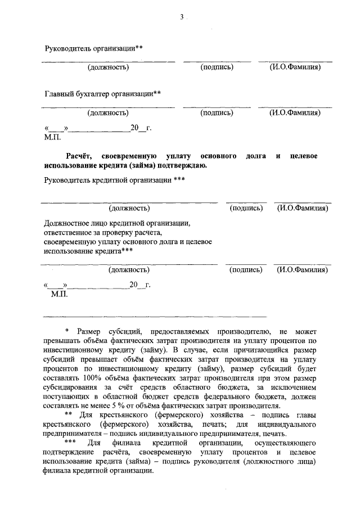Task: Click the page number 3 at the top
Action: coord(182,17)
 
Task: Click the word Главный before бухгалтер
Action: coord(60,94)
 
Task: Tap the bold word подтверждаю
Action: coord(181,165)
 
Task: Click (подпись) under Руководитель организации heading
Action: coord(217,67)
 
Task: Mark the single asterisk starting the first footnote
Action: coord(66,332)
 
